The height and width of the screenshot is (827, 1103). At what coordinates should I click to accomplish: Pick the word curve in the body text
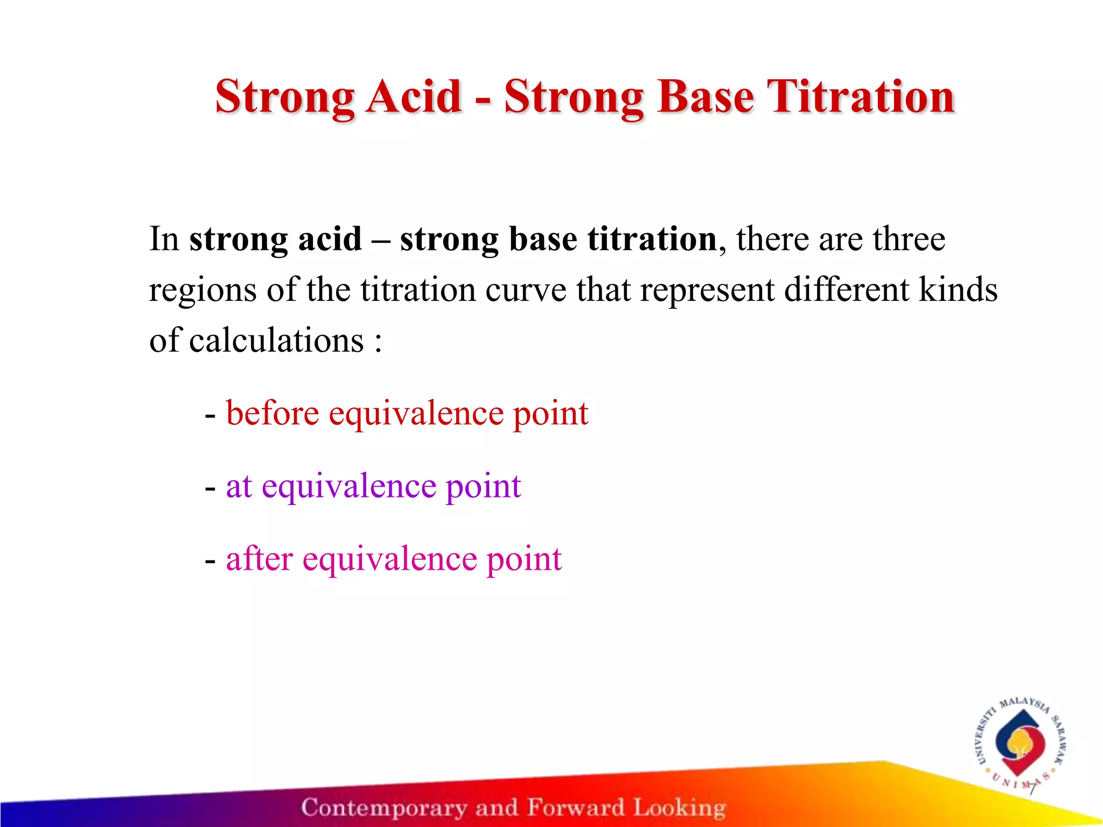pos(526,290)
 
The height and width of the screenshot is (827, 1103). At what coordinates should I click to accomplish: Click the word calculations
pos(276,341)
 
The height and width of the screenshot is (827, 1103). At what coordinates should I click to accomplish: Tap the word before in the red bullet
pos(273,413)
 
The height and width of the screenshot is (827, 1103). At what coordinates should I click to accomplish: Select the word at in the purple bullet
pos(239,486)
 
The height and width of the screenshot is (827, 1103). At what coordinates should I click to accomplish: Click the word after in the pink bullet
pos(259,558)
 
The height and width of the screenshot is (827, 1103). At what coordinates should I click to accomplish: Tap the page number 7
pos(1031,790)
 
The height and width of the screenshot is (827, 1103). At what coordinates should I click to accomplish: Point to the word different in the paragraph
pos(846,290)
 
